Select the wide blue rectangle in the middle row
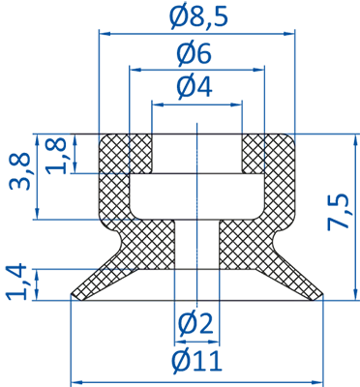click(x=232, y=198)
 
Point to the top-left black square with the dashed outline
click(x=111, y=155)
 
